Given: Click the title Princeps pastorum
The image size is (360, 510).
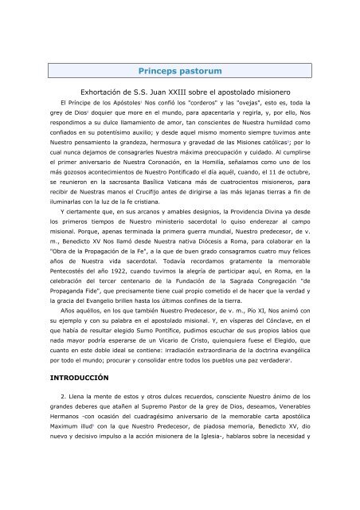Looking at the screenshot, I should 179,71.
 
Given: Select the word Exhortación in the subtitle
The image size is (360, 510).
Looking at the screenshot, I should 97,94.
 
